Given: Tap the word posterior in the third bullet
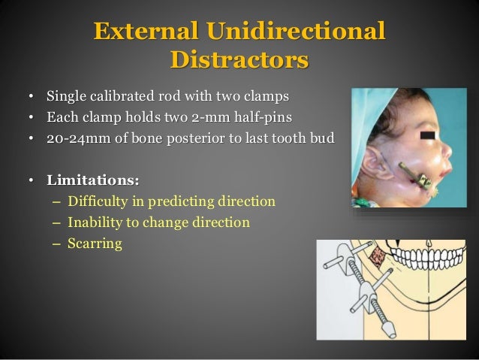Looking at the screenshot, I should pyautogui.click(x=206, y=139).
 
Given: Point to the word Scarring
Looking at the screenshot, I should pyautogui.click(x=94, y=244).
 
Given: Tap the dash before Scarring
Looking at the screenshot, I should pyautogui.click(x=58, y=244).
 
